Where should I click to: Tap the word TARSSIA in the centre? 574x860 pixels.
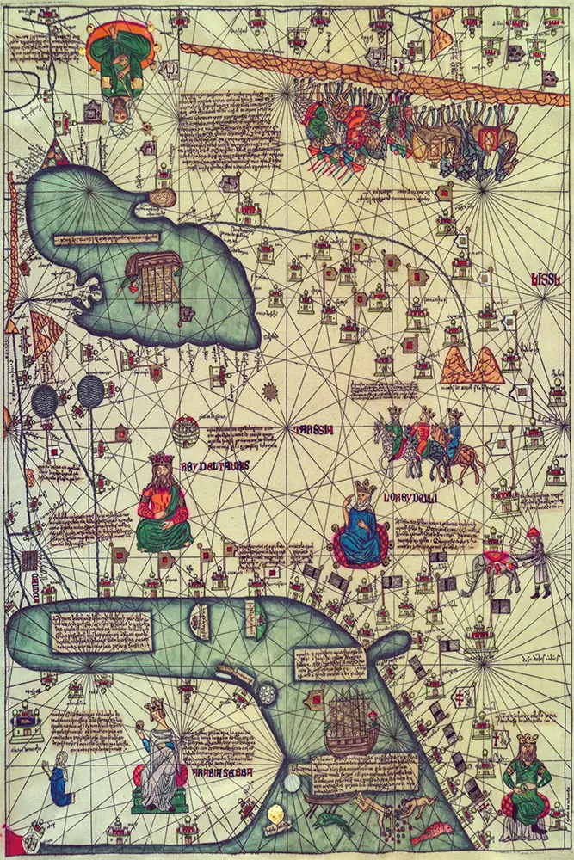click(313, 429)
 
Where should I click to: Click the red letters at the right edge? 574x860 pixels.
click(545, 279)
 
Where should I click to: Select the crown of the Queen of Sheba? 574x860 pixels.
click(155, 704)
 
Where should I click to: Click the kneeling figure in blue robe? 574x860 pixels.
click(59, 778)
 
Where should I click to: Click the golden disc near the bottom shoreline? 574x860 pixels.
click(278, 813)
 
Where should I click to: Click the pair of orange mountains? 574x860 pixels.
click(472, 365)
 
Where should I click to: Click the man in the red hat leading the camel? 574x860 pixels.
click(537, 561)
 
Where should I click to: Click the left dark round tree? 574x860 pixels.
click(45, 399)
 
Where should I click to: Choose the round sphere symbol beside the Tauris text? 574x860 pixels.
click(185, 430)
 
